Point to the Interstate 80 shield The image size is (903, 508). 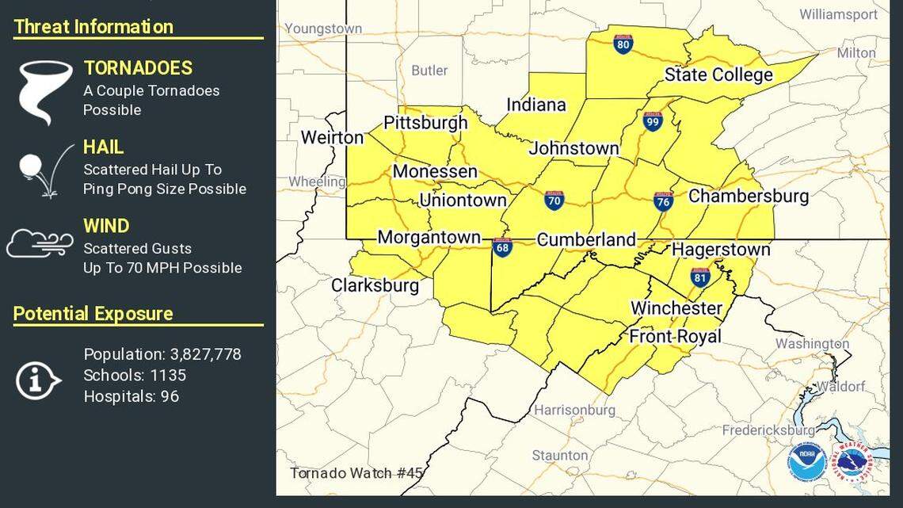[x=623, y=44]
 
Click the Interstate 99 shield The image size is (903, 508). [x=652, y=121]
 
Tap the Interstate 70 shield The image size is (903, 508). [x=554, y=200]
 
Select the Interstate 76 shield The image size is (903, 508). [x=664, y=201]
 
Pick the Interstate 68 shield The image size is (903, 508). [x=501, y=247]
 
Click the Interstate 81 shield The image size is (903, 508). [x=699, y=277]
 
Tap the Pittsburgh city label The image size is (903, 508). [x=425, y=123]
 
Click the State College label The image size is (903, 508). [x=718, y=74]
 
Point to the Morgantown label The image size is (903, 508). [x=429, y=237]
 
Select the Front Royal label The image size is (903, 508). [x=675, y=336]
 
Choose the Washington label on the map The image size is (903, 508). [x=811, y=343]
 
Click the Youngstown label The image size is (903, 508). [x=323, y=29]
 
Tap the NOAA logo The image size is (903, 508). [x=806, y=461]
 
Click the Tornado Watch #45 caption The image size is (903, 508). [x=356, y=473]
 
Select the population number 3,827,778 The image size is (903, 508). [x=201, y=354]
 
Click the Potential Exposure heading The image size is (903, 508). [x=93, y=314]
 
